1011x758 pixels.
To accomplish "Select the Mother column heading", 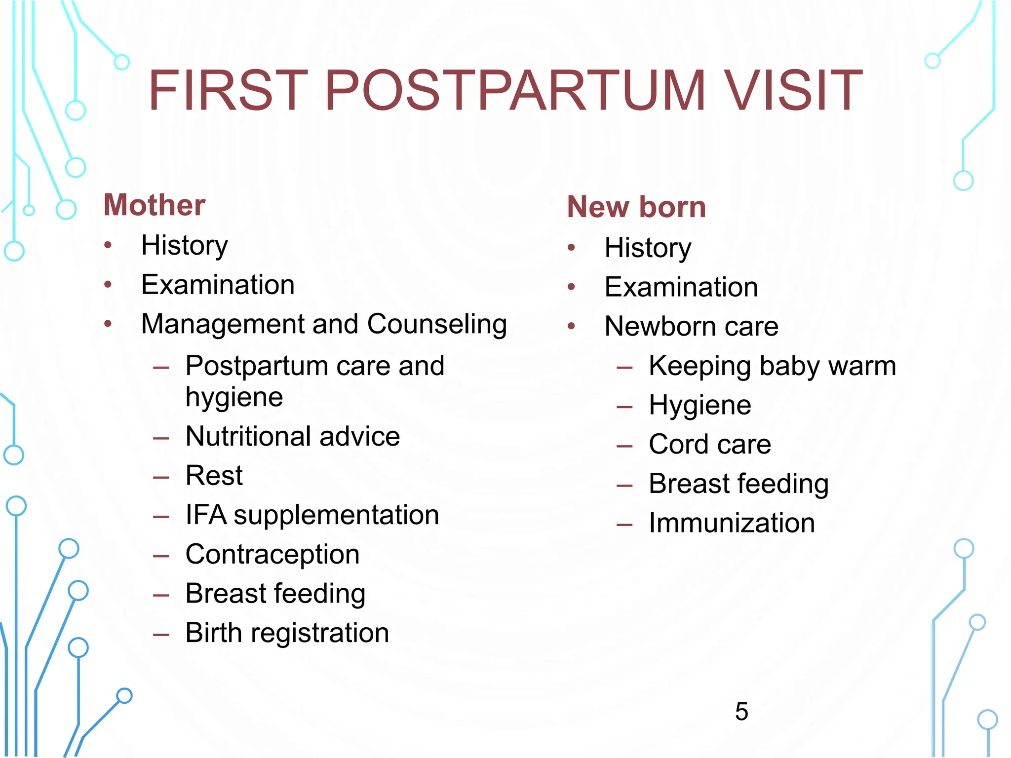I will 155,205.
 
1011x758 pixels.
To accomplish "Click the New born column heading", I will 636,207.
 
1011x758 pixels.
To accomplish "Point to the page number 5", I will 741,712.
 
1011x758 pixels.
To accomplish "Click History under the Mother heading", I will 184,245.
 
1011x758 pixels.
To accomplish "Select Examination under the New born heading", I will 681,287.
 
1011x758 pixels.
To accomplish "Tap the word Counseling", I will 437,325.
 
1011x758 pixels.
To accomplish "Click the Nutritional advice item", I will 292,437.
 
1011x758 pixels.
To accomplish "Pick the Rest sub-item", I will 214,476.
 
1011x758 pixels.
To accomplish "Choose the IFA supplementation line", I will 312,515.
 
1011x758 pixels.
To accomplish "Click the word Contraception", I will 272,555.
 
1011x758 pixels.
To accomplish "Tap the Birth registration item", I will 287,633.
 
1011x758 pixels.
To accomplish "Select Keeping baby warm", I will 772,366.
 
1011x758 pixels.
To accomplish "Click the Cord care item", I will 709,444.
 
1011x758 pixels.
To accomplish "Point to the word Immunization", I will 732,523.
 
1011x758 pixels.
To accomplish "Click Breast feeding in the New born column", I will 739,484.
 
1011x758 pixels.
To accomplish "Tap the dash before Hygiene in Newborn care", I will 624,407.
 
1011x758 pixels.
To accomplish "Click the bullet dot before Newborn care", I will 572,326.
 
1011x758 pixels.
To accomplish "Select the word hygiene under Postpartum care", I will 234,397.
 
